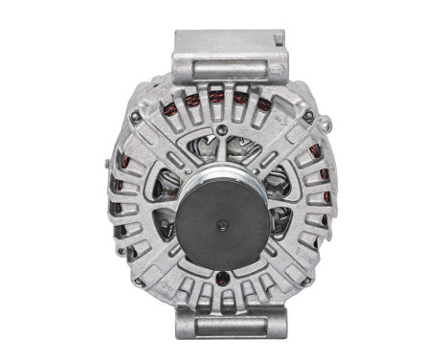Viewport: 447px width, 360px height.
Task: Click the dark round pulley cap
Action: (222, 226)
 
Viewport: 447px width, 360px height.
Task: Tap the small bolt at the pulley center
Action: (222, 227)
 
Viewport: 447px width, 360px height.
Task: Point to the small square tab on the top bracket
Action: (279, 41)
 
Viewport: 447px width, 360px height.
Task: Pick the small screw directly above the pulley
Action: (223, 131)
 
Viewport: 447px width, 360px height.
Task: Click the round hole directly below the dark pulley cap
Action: (223, 279)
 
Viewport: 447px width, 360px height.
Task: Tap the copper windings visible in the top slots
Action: (215, 99)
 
